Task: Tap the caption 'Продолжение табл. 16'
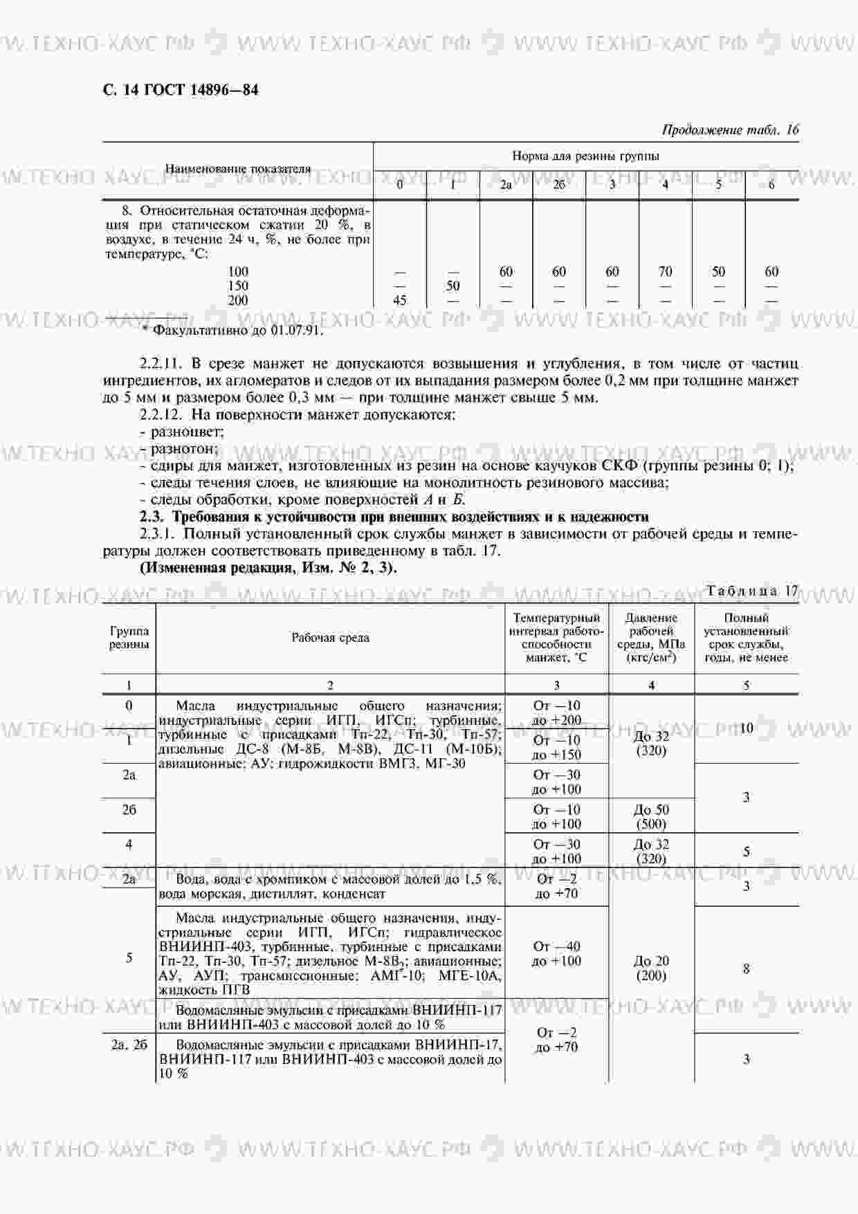[x=730, y=129]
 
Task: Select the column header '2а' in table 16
[x=506, y=185]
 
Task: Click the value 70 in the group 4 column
[x=665, y=272]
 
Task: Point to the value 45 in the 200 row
[x=399, y=300]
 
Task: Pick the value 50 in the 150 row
[x=453, y=286]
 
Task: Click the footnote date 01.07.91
[x=296, y=330]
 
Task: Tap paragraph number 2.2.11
[x=161, y=364]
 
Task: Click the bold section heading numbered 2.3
[x=394, y=517]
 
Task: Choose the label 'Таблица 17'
[x=752, y=591]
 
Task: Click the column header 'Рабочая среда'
[x=330, y=638]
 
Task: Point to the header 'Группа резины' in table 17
[x=129, y=637]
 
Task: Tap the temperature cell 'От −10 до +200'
[x=556, y=712]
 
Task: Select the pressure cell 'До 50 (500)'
[x=651, y=816]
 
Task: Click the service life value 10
[x=746, y=728]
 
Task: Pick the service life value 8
[x=746, y=969]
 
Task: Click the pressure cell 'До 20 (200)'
[x=650, y=968]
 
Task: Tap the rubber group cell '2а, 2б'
[x=129, y=1045]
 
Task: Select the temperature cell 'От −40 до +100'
[x=556, y=953]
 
